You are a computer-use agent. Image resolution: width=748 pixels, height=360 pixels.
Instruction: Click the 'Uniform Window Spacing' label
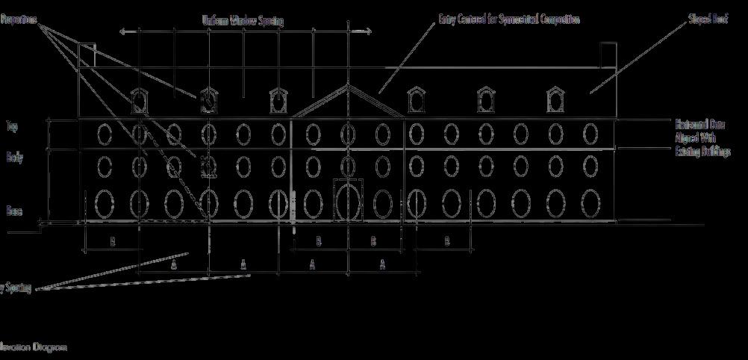[x=243, y=21]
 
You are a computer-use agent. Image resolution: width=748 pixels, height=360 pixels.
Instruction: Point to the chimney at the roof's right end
[x=608, y=55]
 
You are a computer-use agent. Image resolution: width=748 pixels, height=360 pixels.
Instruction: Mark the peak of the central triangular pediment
[x=348, y=86]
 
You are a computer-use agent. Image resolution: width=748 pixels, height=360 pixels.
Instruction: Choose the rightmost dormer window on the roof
[x=555, y=99]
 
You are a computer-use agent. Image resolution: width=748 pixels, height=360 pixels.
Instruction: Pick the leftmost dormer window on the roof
[x=139, y=100]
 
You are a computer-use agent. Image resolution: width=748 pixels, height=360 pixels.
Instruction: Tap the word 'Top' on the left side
[x=11, y=127]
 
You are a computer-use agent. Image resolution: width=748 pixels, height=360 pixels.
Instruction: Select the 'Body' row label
[x=14, y=158]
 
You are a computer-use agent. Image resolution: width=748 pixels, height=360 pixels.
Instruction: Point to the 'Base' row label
[x=14, y=211]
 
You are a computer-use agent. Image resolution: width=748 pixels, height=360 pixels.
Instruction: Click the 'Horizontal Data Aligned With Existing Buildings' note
[x=702, y=138]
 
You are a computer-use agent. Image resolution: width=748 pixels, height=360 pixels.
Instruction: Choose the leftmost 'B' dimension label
[x=113, y=241]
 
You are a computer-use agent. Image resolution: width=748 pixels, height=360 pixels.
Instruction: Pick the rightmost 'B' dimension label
[x=447, y=240]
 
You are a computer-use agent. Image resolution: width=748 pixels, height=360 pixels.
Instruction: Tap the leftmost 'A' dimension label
[x=174, y=264]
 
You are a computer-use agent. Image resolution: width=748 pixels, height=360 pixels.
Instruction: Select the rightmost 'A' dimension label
[x=383, y=264]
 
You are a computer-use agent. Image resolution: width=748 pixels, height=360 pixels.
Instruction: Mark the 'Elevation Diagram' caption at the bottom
[x=34, y=347]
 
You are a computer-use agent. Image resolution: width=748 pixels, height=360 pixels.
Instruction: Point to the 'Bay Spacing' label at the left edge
[x=15, y=288]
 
